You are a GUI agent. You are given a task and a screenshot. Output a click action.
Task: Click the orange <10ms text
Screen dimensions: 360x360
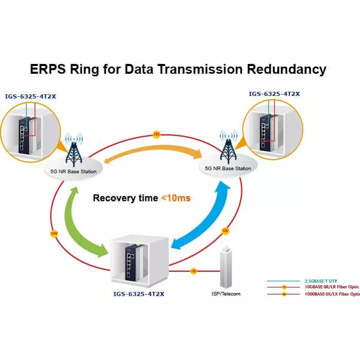click(176, 198)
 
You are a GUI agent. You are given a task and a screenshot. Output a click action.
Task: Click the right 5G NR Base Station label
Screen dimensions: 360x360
click(228, 169)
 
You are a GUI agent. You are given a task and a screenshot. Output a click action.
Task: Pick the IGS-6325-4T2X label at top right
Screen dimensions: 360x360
click(274, 94)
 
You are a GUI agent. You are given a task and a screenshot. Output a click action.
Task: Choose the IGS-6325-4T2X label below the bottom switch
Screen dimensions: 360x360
click(139, 293)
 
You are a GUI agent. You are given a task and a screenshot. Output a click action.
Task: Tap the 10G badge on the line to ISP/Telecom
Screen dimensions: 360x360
click(193, 271)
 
